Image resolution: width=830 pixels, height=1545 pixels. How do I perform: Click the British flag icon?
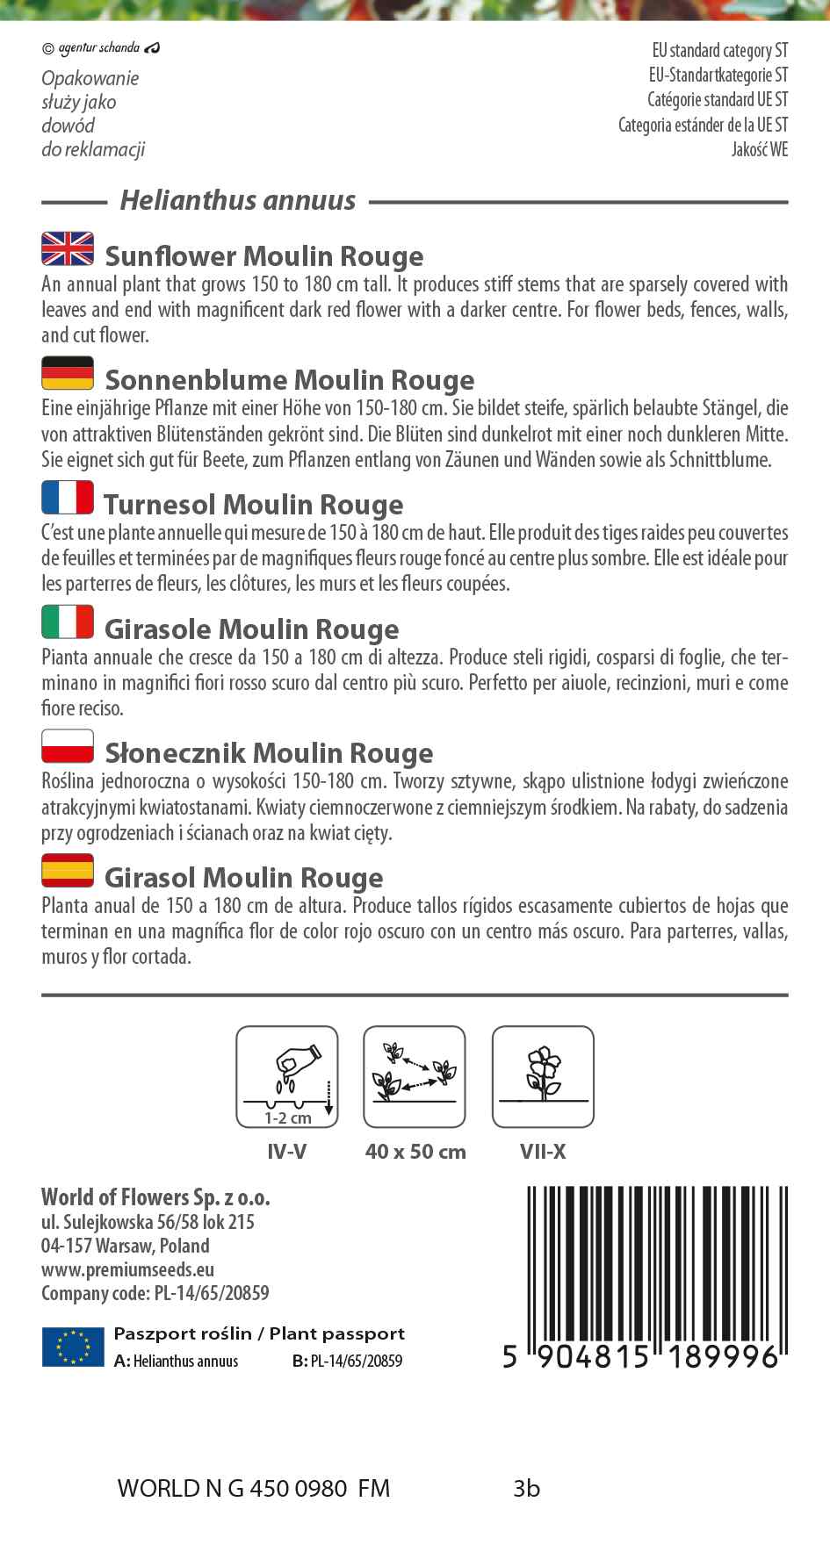tap(68, 248)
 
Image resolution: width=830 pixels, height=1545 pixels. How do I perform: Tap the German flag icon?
tap(68, 373)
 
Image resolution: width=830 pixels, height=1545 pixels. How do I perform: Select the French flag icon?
tap(68, 498)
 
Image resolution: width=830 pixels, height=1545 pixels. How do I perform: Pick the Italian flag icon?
tap(68, 622)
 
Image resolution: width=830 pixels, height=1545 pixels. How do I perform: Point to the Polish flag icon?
tap(68, 746)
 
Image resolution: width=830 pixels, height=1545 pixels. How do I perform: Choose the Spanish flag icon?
tap(68, 870)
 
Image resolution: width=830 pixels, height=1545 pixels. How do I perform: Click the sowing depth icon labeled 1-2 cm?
tap(287, 1077)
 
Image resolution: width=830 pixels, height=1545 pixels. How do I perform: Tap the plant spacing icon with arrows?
tap(415, 1077)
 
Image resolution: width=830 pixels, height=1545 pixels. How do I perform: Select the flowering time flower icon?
tap(543, 1077)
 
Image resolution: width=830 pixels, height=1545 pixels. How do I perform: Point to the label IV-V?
tap(287, 1152)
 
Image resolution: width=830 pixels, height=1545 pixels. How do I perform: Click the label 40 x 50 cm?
tap(415, 1152)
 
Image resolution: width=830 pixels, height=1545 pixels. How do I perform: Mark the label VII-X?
tap(543, 1152)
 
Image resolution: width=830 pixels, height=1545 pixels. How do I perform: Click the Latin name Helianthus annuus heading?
tap(238, 201)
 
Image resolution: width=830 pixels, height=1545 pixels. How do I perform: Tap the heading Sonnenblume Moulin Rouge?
tap(289, 380)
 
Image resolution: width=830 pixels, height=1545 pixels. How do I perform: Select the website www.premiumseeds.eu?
tap(127, 1269)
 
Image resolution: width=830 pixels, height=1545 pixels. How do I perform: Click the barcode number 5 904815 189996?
tap(641, 1357)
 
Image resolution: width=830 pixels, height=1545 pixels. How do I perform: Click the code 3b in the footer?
tap(527, 1489)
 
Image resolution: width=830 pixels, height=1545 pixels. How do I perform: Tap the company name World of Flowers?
tap(155, 1197)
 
